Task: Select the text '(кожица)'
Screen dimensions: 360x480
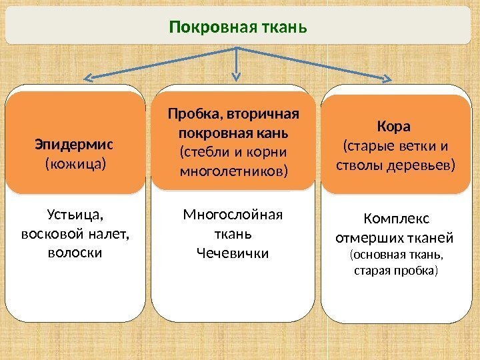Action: point(75,163)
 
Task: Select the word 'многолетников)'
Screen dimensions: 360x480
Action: point(234,172)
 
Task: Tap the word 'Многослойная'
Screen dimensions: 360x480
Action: point(233,215)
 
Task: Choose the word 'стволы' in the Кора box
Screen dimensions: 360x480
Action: point(359,164)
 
